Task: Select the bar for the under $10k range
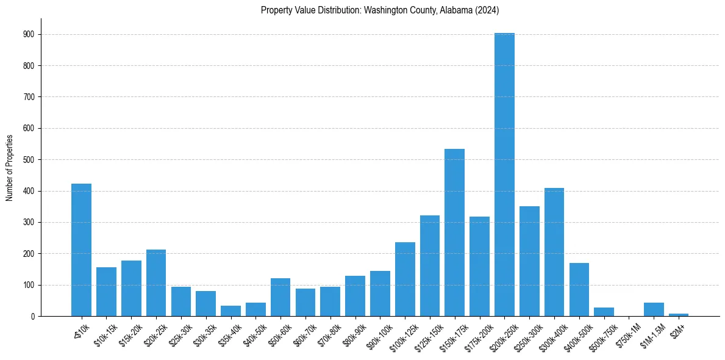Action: pos(81,250)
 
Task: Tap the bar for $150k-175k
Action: pos(454,232)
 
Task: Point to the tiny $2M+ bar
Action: pos(679,314)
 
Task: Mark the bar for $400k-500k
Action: pos(579,290)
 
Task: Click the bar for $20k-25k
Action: pos(156,283)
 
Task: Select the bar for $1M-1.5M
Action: pos(654,309)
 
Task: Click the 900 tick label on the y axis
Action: pos(29,35)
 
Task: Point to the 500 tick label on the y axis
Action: pos(29,160)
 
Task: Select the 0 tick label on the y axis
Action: pos(32,317)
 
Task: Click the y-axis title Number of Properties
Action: pos(10,168)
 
